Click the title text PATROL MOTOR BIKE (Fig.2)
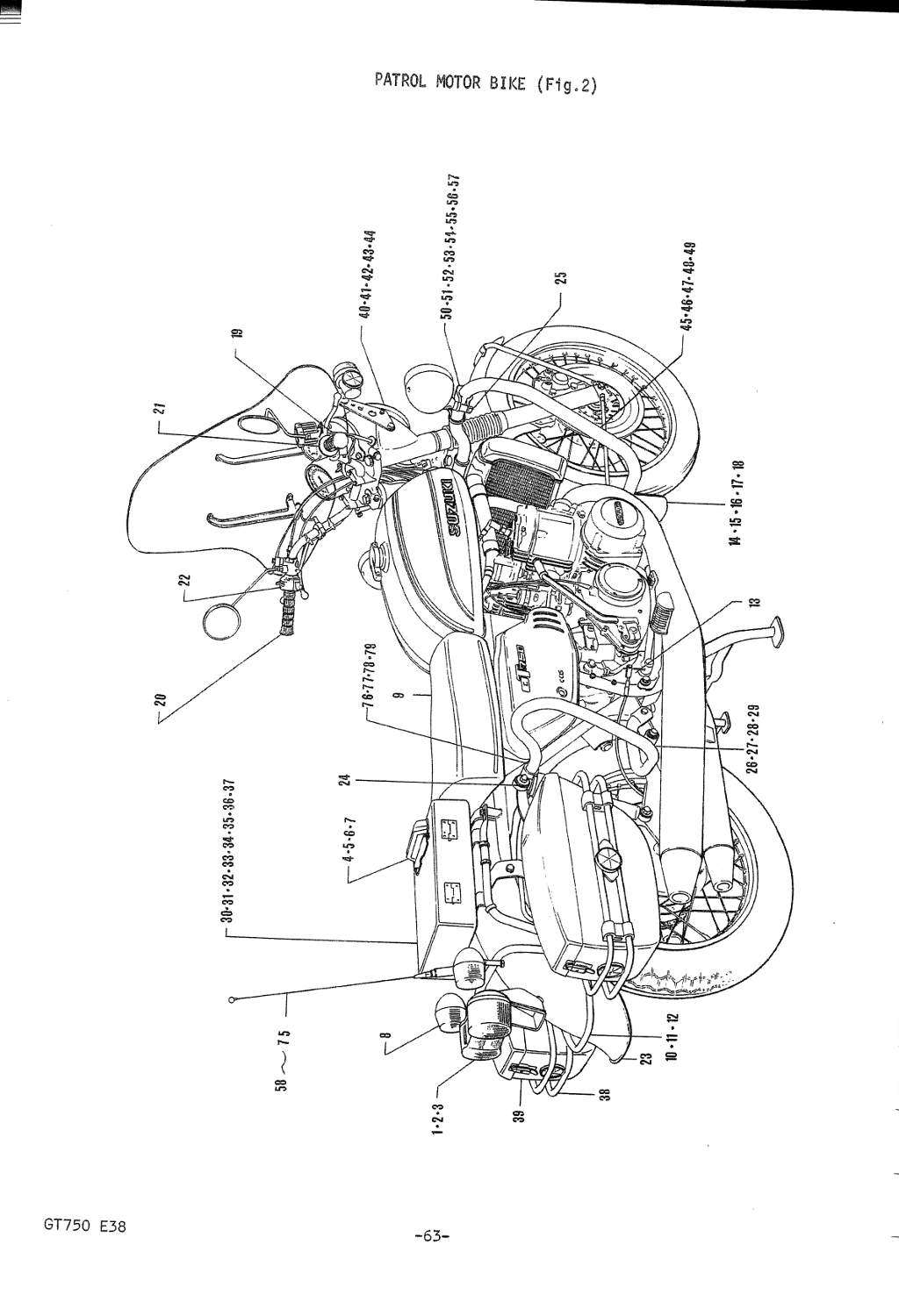pyautogui.click(x=485, y=83)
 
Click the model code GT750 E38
pyautogui.click(x=84, y=1225)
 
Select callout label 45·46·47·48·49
pyautogui.click(x=688, y=286)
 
